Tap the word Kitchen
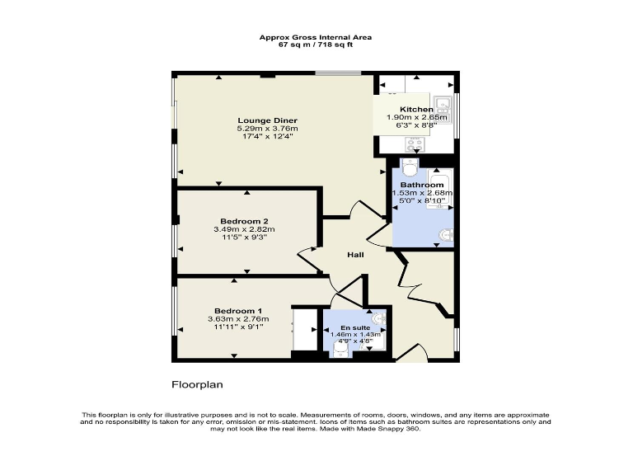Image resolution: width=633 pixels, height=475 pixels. click(416, 110)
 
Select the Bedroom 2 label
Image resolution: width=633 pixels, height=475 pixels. click(241, 221)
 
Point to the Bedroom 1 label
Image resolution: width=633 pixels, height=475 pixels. click(232, 310)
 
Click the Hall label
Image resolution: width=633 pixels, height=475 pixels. click(356, 255)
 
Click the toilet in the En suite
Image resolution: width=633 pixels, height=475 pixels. click(342, 350)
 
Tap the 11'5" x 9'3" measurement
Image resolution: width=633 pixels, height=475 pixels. click(241, 237)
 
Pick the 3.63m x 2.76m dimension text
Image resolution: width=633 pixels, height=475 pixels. click(238, 318)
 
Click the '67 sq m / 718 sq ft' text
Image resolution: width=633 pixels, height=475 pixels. click(316, 44)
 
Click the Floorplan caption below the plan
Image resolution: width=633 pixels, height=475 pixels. click(197, 384)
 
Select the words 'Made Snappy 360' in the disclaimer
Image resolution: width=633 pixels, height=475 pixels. click(393, 428)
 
